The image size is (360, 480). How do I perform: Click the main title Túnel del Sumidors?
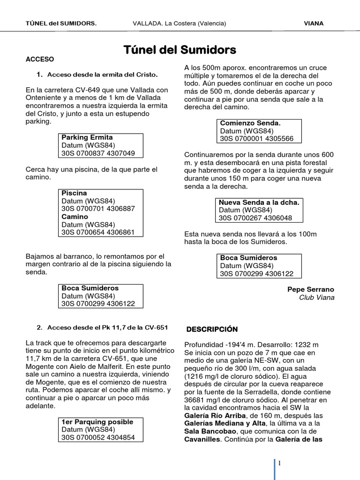pos(180,50)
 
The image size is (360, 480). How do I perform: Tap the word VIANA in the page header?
pos(314,23)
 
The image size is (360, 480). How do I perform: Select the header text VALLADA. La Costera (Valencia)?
pos(180,23)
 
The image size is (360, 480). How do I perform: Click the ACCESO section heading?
pos(40,60)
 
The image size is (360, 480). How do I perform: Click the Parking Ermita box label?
pos(87,137)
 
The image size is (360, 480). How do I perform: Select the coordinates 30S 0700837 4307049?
pos(98,153)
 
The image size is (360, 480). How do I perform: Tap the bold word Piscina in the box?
pos(74,193)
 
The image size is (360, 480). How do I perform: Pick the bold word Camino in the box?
pos(75,217)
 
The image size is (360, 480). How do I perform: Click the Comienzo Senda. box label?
pos(250,123)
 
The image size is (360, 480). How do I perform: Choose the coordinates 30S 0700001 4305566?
pos(256,139)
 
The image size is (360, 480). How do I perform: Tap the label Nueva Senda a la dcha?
pos(259,202)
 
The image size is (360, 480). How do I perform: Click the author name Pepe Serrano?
pos(311,290)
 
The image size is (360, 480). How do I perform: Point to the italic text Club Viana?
pos(316,298)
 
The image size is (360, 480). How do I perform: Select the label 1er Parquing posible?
pos(97,422)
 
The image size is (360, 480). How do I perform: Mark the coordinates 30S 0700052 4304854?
pos(98,437)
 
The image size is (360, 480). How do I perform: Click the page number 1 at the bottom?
pos(279,464)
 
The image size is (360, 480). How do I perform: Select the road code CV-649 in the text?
pos(81,90)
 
